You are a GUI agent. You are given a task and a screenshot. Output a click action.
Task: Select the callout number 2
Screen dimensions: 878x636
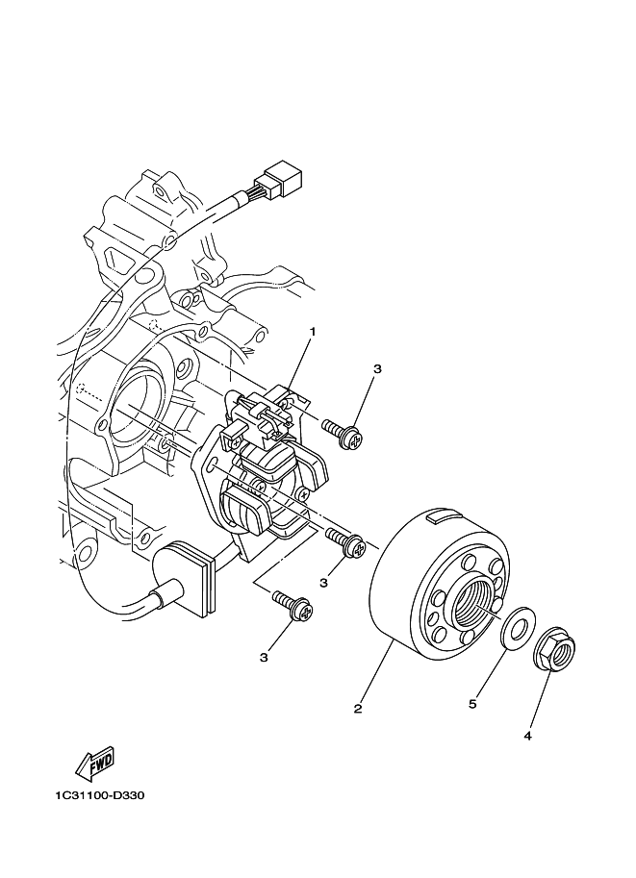click(358, 709)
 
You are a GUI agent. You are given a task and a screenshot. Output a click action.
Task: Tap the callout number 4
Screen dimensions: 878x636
click(527, 736)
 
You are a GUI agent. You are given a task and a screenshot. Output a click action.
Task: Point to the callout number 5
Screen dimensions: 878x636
click(472, 704)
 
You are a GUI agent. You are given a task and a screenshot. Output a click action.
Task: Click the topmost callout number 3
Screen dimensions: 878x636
click(378, 368)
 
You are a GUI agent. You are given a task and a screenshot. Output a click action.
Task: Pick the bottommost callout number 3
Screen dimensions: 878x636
click(264, 657)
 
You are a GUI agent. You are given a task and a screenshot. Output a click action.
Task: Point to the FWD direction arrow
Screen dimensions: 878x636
click(94, 765)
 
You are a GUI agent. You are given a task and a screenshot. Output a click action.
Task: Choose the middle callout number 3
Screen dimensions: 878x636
click(324, 582)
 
